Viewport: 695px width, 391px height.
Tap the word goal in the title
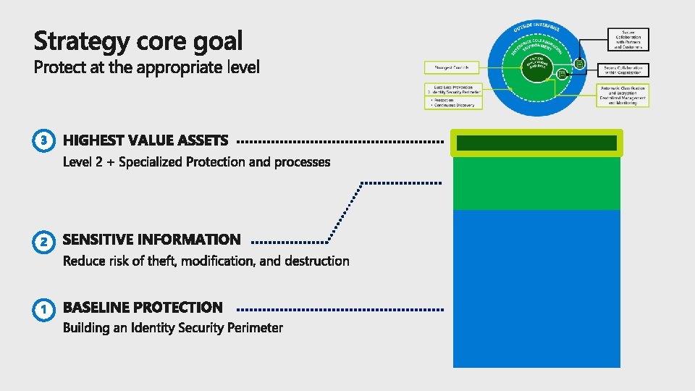(219, 41)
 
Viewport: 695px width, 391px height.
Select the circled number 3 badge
(43, 140)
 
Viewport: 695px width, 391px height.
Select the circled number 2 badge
(43, 240)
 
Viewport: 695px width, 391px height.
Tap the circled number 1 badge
(43, 309)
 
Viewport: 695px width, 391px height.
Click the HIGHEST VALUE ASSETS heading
(146, 140)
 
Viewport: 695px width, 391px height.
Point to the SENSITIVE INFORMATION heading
(151, 239)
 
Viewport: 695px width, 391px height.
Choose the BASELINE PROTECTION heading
(143, 308)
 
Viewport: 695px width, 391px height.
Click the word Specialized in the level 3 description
(151, 161)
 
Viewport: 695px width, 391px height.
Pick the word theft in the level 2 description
(161, 261)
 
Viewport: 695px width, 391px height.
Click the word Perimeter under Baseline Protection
(255, 328)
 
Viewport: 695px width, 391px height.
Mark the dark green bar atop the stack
(536, 143)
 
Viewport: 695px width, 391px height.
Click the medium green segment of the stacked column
(536, 183)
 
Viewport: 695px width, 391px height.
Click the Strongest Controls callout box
(451, 67)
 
